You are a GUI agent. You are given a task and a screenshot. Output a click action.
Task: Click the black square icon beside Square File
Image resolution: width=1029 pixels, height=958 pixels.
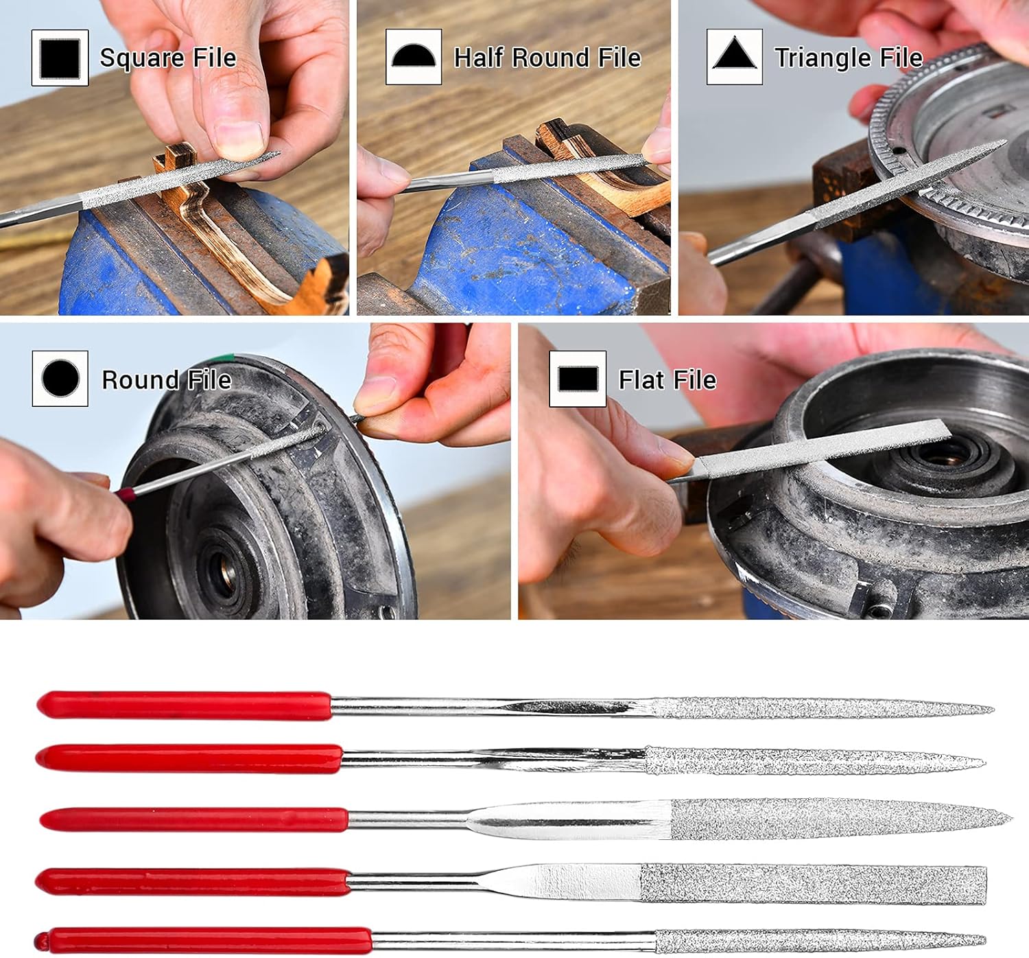pyautogui.click(x=60, y=58)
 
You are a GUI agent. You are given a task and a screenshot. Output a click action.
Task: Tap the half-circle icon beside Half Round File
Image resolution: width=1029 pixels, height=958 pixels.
pyautogui.click(x=414, y=56)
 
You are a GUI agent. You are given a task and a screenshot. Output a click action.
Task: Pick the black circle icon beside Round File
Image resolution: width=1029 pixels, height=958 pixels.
pyautogui.click(x=60, y=378)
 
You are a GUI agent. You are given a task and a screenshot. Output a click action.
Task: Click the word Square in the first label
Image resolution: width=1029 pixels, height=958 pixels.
pyautogui.click(x=142, y=58)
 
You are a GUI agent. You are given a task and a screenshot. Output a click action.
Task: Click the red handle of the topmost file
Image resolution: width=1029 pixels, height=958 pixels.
pyautogui.click(x=184, y=705)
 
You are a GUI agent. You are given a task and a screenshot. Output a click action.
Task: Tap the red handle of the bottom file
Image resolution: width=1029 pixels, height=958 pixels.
pyautogui.click(x=203, y=940)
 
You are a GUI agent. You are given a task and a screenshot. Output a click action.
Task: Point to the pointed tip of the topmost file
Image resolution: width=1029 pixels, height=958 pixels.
pyautogui.click(x=992, y=708)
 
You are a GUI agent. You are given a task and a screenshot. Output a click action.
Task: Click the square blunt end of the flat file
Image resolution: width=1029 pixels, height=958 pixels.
pyautogui.click(x=984, y=885)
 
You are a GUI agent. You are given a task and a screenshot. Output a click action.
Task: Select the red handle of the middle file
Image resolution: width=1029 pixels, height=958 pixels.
pyautogui.click(x=193, y=819)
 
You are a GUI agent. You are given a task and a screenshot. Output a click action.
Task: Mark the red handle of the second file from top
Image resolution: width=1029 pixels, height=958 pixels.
pyautogui.click(x=189, y=758)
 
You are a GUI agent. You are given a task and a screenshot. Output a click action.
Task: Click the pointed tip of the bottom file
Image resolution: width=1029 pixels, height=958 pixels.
pyautogui.click(x=983, y=939)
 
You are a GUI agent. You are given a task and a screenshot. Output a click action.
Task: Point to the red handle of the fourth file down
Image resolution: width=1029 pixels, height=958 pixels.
pyautogui.click(x=193, y=882)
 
